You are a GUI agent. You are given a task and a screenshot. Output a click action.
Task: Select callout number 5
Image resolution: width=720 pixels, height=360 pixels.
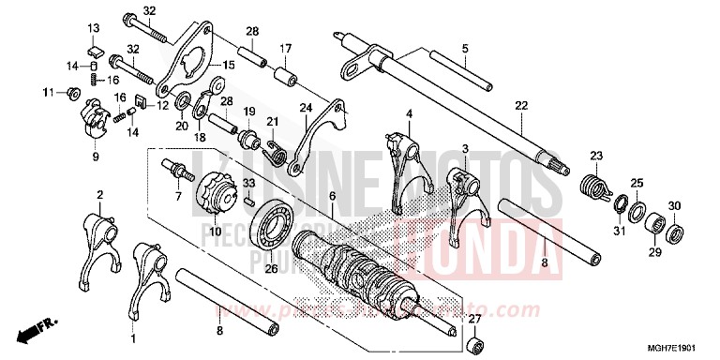(464, 48)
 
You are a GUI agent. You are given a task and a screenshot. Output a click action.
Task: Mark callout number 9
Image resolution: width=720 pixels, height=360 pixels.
(95, 157)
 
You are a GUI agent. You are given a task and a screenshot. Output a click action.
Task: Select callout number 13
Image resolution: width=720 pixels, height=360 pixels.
(94, 27)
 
